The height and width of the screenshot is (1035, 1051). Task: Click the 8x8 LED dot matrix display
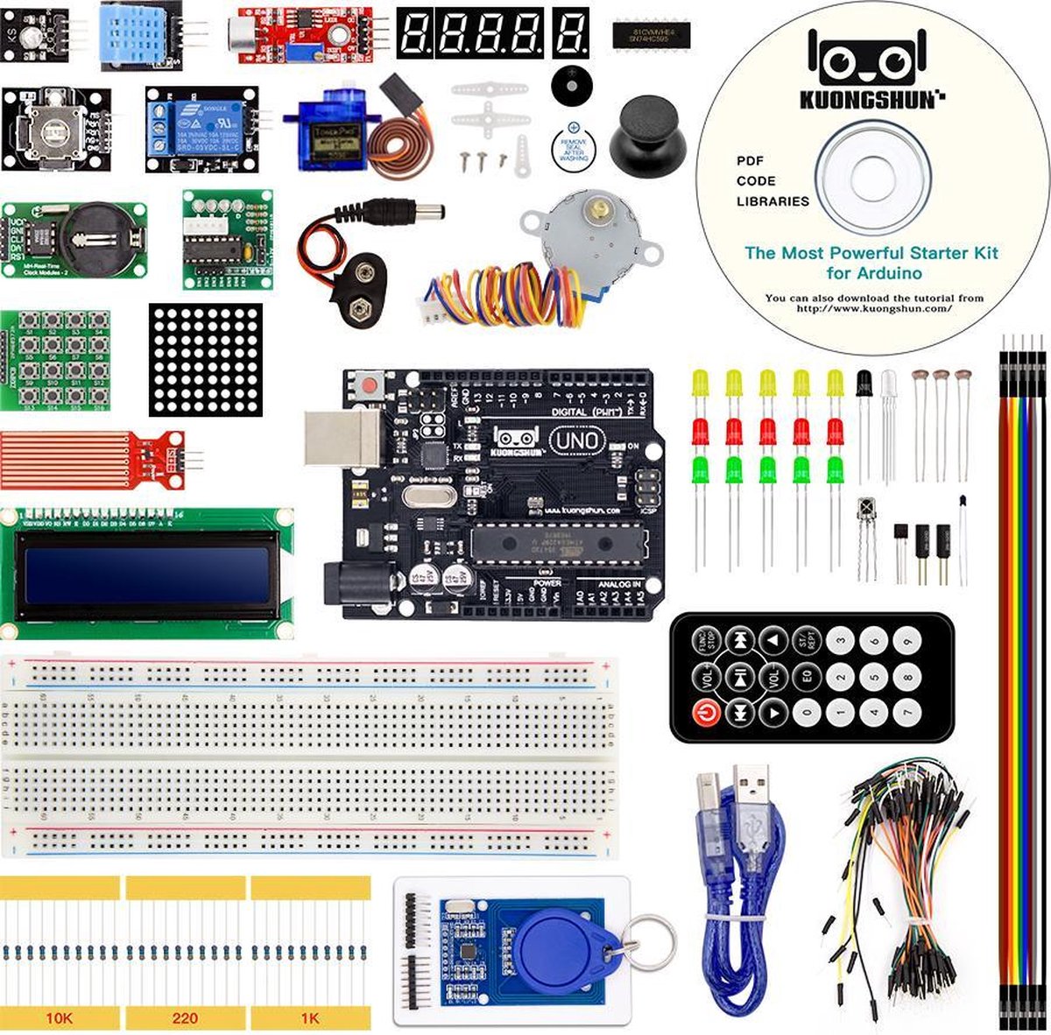[205, 359]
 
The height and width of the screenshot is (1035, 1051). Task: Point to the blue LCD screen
[146, 576]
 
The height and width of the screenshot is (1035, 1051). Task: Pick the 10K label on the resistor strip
[60, 1018]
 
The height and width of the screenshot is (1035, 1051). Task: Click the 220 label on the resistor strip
[185, 1018]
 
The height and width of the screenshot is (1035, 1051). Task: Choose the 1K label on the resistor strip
[311, 1018]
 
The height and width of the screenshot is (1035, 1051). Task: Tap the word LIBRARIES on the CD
[772, 201]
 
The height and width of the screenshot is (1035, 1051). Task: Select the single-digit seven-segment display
[572, 32]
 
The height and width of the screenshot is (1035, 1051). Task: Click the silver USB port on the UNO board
[342, 438]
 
